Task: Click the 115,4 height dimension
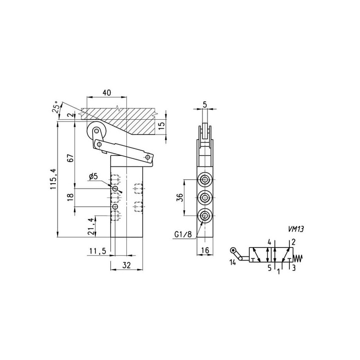coord(53,179)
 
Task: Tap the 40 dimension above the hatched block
coord(107,93)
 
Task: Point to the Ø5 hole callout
coord(94,176)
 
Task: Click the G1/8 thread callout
coord(183,234)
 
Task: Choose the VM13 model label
coord(296,229)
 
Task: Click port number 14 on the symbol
coord(233,262)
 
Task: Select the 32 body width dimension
coord(126,265)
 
